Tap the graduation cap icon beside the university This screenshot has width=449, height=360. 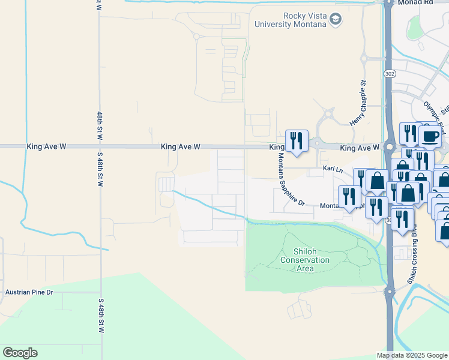[336, 20]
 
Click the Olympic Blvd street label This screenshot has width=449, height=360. [432, 112]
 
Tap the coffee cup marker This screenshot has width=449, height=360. [429, 136]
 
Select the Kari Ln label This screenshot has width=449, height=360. [332, 169]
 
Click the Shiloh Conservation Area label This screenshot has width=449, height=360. [305, 260]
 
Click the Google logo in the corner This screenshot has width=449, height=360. [20, 353]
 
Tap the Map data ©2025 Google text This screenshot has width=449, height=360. [412, 355]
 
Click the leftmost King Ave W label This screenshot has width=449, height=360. [45, 146]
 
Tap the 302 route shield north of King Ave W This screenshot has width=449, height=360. [390, 73]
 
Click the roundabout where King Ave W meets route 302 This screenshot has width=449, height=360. [390, 146]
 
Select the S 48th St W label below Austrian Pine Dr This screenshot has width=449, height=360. [100, 318]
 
